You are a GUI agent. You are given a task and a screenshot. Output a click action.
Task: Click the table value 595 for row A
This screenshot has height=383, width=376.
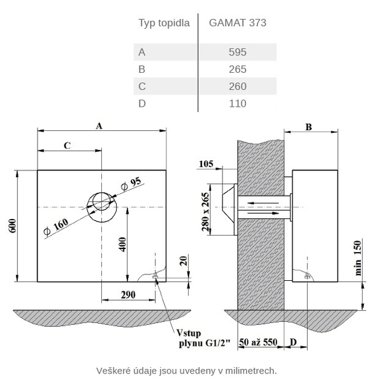tap(238, 52)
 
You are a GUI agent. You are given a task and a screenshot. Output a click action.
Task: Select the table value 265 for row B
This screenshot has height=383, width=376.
tap(238, 70)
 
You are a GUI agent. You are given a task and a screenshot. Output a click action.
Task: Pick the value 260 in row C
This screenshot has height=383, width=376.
tap(238, 86)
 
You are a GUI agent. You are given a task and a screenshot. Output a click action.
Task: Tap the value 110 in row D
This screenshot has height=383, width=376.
tap(238, 103)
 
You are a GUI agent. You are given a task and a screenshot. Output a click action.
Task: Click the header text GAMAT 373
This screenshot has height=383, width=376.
tap(238, 23)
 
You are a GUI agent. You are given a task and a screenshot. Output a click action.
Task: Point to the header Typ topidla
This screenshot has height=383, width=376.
tap(164, 23)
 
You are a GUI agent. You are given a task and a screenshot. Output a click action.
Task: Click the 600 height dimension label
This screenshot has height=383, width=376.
tap(13, 226)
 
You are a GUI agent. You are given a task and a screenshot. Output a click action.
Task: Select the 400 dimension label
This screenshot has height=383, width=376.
tap(122, 244)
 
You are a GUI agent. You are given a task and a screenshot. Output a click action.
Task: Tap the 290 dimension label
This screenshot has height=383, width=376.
tap(128, 295)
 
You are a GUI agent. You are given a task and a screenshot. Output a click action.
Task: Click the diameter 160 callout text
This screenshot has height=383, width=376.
tap(55, 227)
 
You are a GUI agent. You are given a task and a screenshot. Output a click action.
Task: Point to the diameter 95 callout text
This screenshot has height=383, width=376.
tap(131, 183)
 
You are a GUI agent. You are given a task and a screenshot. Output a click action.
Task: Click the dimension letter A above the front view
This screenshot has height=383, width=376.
tap(99, 126)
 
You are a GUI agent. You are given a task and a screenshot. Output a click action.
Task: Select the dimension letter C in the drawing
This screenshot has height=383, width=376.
tap(67, 146)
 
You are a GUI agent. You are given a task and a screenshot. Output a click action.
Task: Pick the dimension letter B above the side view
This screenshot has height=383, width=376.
tap(308, 127)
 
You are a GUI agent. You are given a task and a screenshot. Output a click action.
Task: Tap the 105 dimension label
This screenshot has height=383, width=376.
tap(206, 163)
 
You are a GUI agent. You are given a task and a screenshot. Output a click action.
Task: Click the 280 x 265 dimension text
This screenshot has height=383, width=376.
tap(206, 212)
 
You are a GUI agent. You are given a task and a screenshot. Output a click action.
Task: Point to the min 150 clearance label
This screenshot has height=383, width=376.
tap(358, 258)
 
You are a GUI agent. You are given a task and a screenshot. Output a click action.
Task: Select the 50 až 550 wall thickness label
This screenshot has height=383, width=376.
tap(258, 342)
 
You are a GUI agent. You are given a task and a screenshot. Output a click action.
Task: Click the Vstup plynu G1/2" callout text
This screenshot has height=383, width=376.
tap(203, 338)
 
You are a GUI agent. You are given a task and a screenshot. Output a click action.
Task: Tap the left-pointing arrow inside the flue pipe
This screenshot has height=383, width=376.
tap(263, 203)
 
